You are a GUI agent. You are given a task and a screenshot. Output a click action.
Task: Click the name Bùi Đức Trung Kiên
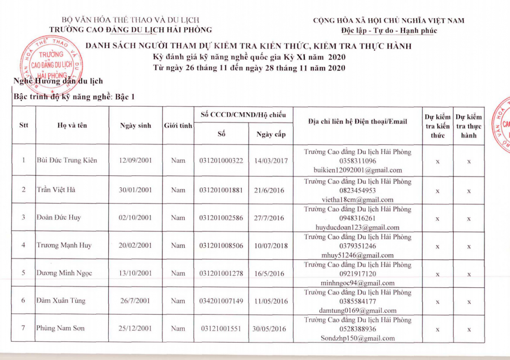coord(67,160)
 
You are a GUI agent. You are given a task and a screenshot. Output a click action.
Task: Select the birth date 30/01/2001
coord(135,190)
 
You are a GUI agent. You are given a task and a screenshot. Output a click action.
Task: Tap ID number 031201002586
coord(221,218)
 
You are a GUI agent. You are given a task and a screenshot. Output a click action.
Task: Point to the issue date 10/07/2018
coord(271,245)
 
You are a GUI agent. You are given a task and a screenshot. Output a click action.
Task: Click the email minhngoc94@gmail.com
coord(357,283)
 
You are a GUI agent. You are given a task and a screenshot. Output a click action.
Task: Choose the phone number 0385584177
coord(358,301)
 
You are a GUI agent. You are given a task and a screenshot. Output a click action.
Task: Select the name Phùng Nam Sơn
coord(60,328)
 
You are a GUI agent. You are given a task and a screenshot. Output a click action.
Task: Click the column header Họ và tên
coord(72,125)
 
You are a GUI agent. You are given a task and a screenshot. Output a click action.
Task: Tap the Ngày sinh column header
coord(136,125)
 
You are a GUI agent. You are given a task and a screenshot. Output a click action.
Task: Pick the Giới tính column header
coord(178,126)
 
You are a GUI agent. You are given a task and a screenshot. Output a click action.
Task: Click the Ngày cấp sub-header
coord(271,134)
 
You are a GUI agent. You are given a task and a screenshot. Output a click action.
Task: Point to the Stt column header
coord(24,125)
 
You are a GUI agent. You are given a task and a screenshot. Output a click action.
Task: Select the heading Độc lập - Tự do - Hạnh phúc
coord(389,31)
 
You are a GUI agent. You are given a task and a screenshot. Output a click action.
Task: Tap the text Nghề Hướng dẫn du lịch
coord(58,81)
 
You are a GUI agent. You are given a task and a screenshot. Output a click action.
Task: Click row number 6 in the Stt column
coord(23,300)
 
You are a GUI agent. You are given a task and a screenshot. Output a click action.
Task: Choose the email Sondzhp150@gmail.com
coord(357,338)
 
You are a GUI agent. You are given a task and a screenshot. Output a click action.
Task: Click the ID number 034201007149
coord(221,301)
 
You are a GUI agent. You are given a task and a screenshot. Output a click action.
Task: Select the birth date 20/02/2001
coord(135,245)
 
